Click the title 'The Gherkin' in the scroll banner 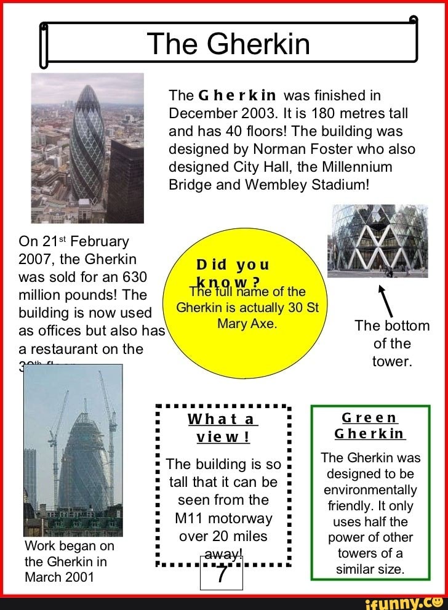[228, 44]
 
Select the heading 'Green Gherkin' [369, 425]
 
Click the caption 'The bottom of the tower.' [392, 343]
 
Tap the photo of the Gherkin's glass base [378, 240]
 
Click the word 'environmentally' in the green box [371, 490]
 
